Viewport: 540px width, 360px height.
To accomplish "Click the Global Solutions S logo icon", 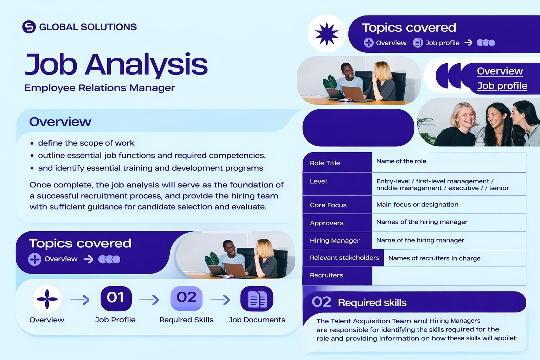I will click(29, 27).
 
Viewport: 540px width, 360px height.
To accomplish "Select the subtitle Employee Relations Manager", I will click(99, 88).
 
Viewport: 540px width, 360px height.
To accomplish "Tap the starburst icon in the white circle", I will click(327, 34).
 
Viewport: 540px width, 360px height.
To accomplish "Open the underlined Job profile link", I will click(502, 86).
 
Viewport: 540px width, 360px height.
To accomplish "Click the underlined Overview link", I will click(500, 71).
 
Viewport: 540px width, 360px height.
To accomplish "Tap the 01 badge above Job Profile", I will click(116, 298).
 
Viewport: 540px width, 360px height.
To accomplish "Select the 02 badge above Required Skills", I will click(186, 298).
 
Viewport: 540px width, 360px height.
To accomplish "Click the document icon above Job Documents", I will click(257, 299).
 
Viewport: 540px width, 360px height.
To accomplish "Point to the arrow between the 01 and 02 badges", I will click(149, 300).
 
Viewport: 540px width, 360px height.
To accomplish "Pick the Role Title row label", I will click(325, 163).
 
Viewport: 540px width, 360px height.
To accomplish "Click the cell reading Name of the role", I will click(401, 161).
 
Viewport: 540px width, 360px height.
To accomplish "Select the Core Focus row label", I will click(328, 205).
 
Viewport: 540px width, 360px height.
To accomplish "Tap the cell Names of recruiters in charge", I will click(434, 258).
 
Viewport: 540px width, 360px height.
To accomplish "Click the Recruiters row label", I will click(326, 275).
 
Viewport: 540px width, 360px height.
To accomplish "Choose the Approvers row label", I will click(327, 223).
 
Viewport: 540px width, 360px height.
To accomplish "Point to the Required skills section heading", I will click(372, 302).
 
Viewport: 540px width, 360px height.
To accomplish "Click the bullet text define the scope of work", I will click(86, 143).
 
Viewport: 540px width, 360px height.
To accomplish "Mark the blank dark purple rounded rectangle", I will click(358, 128).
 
